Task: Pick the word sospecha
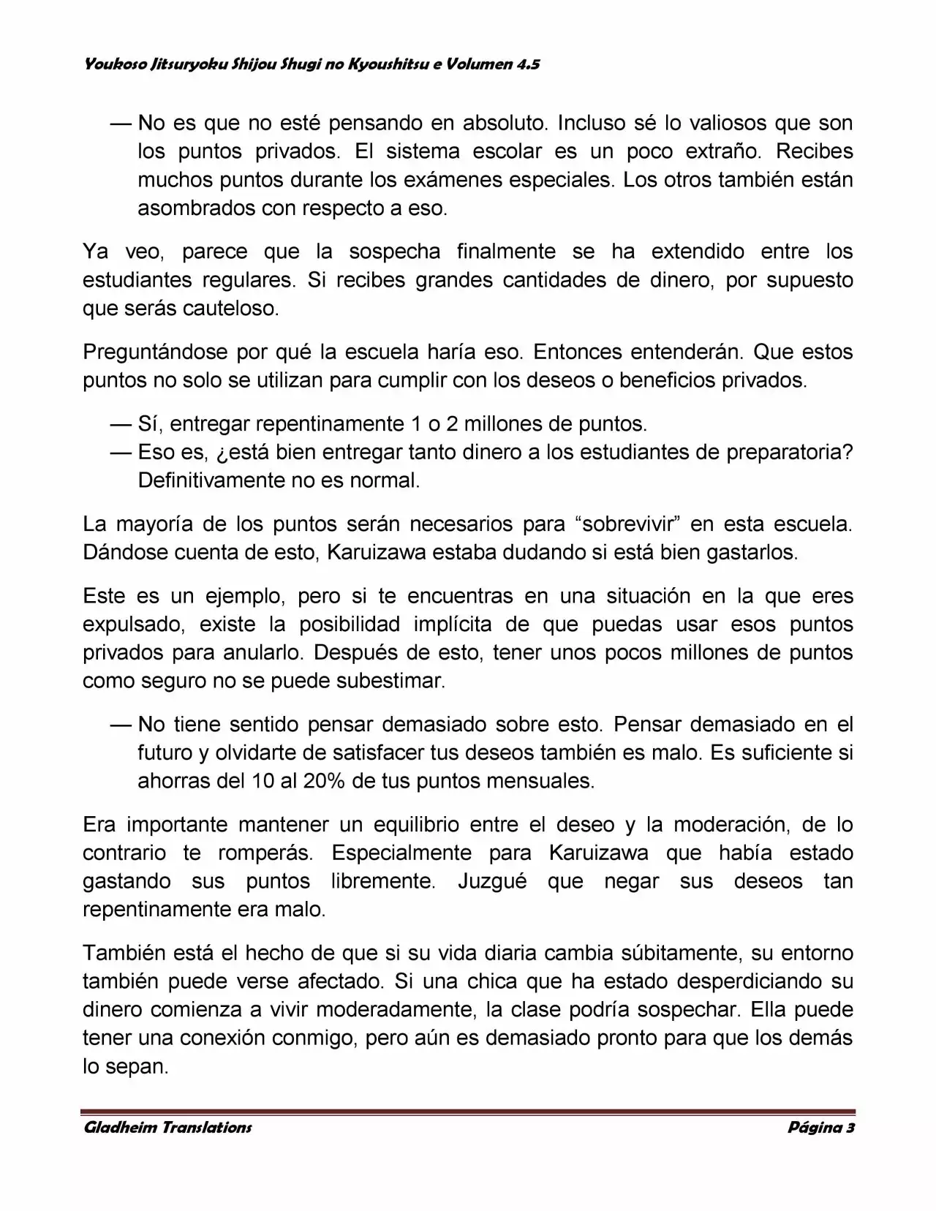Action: coord(394,252)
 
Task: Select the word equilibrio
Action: coord(416,824)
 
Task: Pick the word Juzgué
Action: coord(493,881)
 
